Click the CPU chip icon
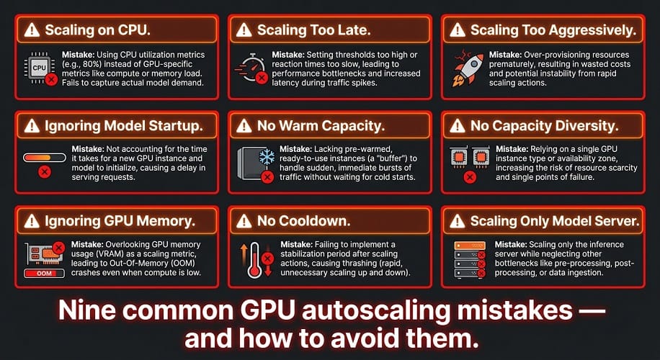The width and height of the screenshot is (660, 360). pyautogui.click(x=39, y=68)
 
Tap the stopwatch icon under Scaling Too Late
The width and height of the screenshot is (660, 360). pyautogui.click(x=252, y=67)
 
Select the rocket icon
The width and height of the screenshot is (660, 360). pyautogui.click(x=466, y=67)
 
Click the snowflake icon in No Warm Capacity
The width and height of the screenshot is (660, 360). pyautogui.click(x=266, y=157)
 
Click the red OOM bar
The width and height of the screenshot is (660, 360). pyautogui.click(x=44, y=274)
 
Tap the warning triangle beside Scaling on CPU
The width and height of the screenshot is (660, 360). pyautogui.click(x=32, y=30)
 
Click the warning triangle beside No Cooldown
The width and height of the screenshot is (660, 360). pyautogui.click(x=244, y=221)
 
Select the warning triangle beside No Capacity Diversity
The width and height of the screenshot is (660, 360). pyautogui.click(x=457, y=125)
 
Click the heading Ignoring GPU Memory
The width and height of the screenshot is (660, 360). pyautogui.click(x=120, y=222)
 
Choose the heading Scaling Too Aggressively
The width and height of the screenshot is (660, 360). pyautogui.click(x=553, y=31)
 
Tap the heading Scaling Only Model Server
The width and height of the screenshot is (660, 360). pyautogui.click(x=555, y=221)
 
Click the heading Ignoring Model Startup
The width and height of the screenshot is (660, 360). pyautogui.click(x=124, y=126)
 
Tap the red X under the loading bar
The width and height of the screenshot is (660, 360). pyautogui.click(x=45, y=171)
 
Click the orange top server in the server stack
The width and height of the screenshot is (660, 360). pyautogui.click(x=470, y=246)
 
